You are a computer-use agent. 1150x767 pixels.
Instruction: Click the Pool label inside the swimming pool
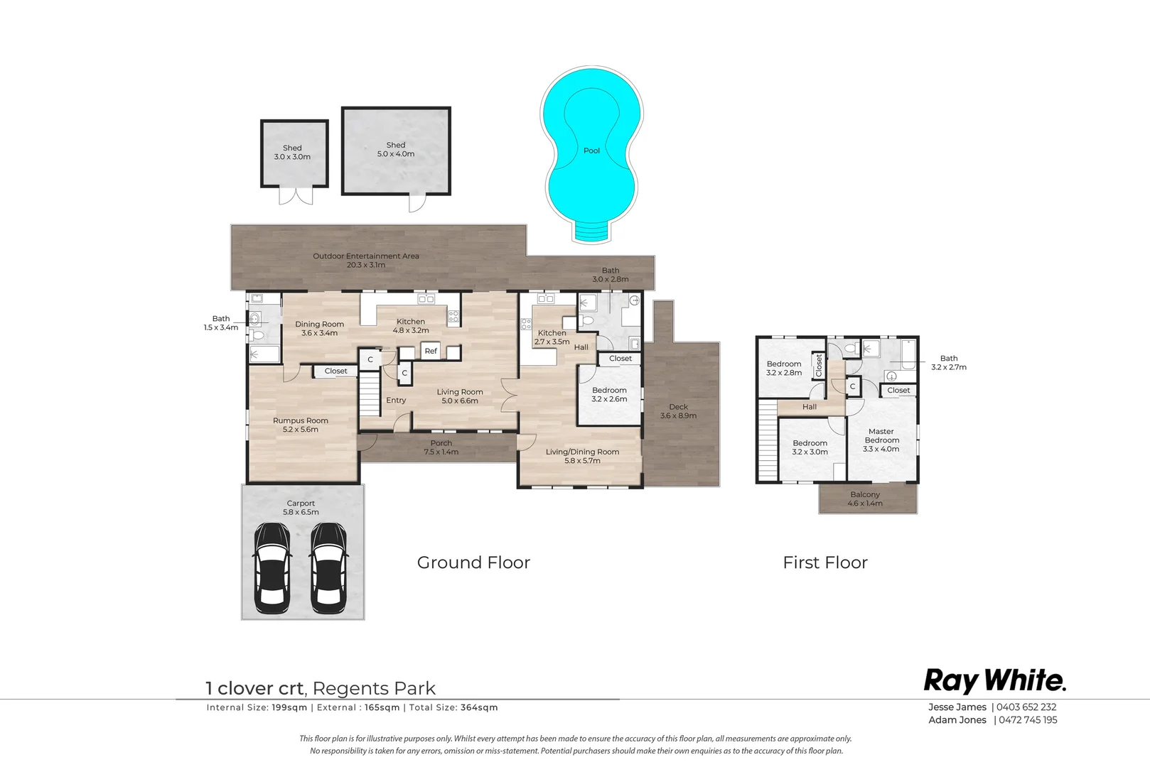point(591,151)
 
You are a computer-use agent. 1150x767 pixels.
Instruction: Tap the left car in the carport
point(273,568)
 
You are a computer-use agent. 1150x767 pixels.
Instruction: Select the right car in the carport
point(328,568)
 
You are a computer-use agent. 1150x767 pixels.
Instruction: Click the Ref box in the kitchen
point(431,351)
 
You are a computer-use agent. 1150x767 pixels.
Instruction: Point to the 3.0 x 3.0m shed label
point(292,153)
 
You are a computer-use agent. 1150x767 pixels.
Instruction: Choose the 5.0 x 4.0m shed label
point(396,149)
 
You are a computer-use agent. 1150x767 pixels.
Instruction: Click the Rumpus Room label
point(301,425)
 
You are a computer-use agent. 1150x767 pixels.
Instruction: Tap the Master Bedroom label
point(881,440)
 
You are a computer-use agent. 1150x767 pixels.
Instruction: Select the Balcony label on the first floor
point(865,499)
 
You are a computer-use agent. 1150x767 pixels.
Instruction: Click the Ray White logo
point(995,681)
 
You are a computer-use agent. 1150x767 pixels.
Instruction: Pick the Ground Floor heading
point(473,562)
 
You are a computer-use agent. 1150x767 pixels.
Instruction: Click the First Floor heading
point(825,562)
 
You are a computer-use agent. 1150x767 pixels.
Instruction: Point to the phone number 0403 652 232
point(1026,707)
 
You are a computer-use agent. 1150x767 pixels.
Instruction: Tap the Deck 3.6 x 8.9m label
point(678,411)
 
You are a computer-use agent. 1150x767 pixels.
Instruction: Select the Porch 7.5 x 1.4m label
point(441,447)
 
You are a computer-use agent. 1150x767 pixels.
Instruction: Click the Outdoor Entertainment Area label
point(366,261)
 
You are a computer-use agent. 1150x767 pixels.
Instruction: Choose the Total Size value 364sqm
point(479,707)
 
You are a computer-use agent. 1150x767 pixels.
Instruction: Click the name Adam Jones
point(957,720)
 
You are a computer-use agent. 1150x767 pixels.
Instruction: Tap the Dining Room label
point(319,328)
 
